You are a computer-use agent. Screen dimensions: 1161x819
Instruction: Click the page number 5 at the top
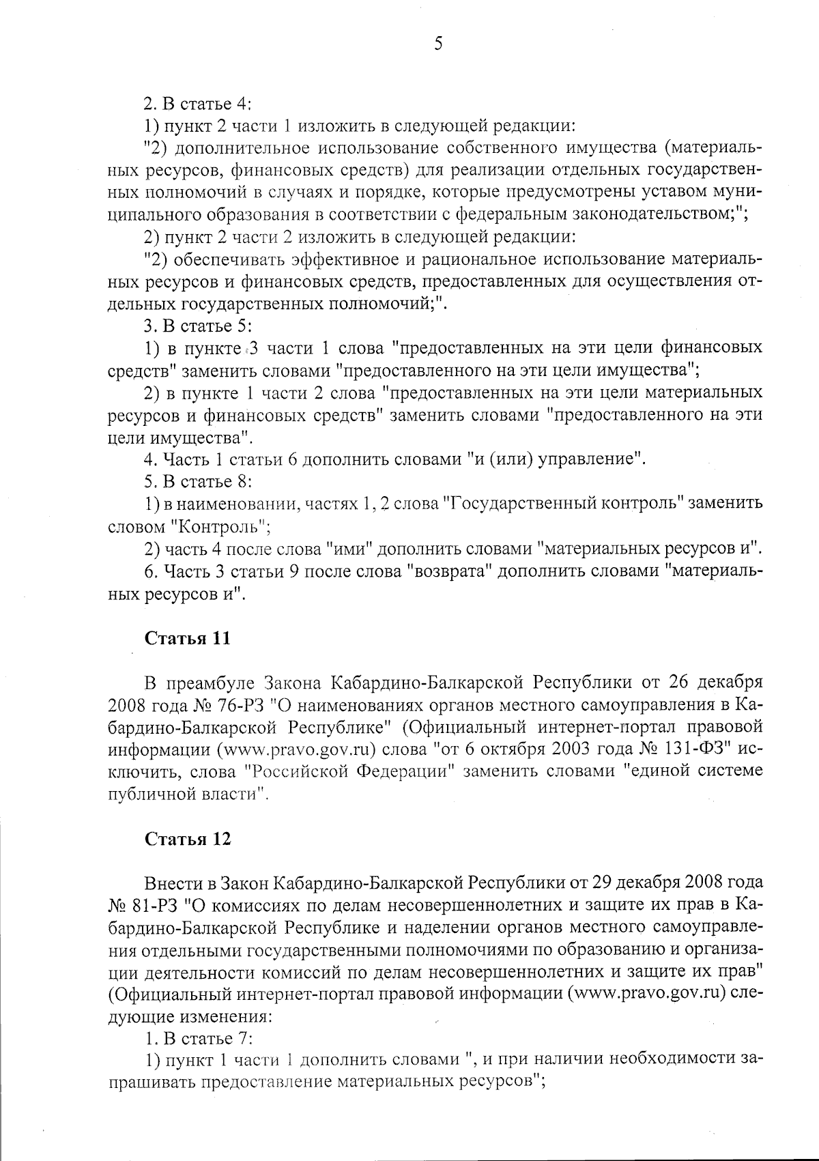(438, 44)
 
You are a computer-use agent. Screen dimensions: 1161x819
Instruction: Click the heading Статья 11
(187, 638)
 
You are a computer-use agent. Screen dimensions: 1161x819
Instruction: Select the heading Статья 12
(187, 839)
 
